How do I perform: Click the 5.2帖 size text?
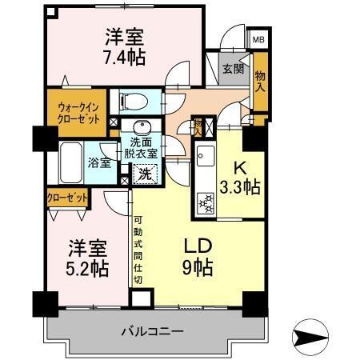[x=87, y=269]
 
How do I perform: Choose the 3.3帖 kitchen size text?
[x=241, y=188]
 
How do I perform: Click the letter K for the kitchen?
[x=238, y=168]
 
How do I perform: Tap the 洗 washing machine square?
[x=145, y=172]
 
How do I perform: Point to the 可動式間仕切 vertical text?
[x=138, y=249]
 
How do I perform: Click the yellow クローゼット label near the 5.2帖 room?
[x=66, y=196]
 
